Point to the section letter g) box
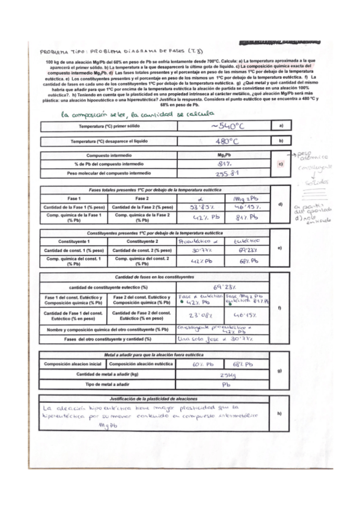[280, 370]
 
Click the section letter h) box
[280, 413]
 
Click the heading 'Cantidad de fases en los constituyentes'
[155, 277]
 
